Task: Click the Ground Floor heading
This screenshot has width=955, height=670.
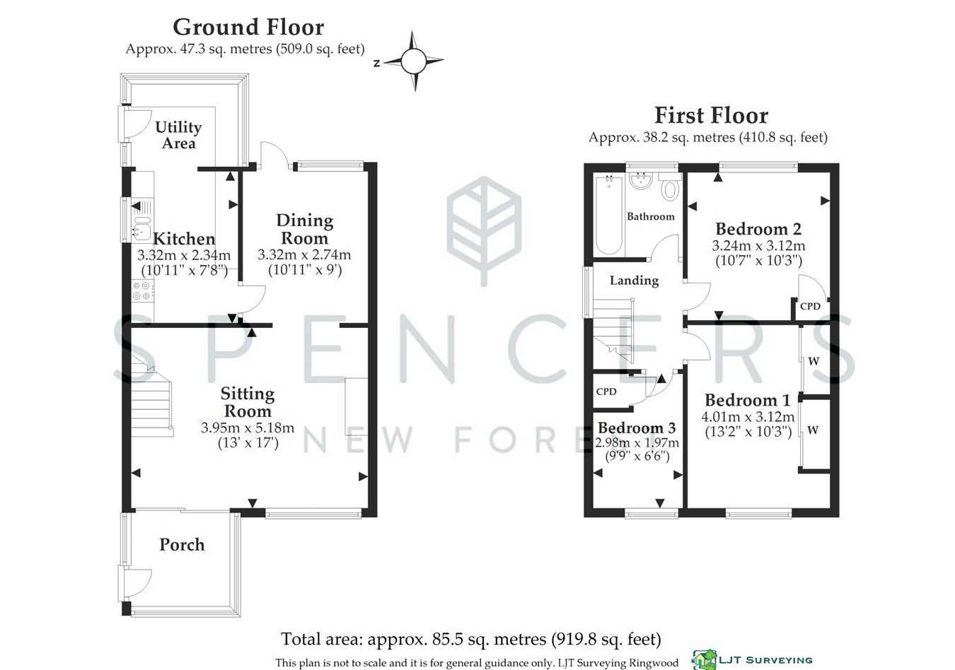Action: click(x=248, y=28)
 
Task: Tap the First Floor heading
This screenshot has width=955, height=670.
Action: click(x=711, y=115)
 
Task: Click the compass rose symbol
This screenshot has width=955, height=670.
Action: click(x=413, y=61)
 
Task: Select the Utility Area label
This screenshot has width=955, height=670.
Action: click(x=179, y=134)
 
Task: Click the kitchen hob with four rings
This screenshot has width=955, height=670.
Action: click(x=142, y=290)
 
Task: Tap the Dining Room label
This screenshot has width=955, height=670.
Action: click(x=304, y=229)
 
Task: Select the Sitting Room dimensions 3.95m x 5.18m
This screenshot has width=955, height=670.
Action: click(x=248, y=427)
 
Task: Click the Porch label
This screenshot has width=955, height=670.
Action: click(x=182, y=545)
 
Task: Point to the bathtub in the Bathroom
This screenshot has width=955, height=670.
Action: click(x=609, y=215)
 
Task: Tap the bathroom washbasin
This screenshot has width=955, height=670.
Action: click(x=640, y=181)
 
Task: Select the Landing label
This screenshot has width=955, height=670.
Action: click(x=634, y=281)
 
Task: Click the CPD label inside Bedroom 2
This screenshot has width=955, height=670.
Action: click(x=810, y=306)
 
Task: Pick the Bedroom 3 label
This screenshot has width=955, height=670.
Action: click(x=637, y=427)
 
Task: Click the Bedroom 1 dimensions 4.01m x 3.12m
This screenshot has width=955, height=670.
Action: click(x=748, y=416)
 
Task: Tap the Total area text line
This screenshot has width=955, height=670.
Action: click(x=471, y=639)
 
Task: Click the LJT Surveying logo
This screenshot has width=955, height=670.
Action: click(x=752, y=660)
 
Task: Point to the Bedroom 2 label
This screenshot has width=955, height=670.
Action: click(x=758, y=229)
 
